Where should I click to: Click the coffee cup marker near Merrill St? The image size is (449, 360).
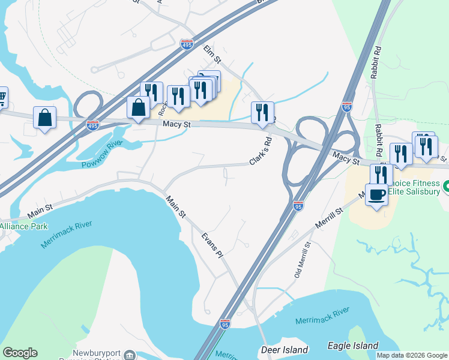[x=376, y=195]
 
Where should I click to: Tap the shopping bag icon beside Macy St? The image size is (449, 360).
[x=138, y=108]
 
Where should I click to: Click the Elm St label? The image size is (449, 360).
[x=212, y=53]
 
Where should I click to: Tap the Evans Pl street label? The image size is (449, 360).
[x=212, y=245]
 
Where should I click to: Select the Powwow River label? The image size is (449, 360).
[x=101, y=154]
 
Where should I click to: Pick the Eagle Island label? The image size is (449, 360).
[x=353, y=346]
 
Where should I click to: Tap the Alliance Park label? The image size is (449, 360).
[x=23, y=226]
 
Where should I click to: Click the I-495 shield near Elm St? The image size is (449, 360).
[x=186, y=44]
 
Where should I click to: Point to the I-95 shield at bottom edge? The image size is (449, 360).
[x=225, y=323]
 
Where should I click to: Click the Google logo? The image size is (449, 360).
[x=20, y=353]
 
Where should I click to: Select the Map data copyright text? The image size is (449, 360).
[x=411, y=355]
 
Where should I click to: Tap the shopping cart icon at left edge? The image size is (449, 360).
[x=2, y=97]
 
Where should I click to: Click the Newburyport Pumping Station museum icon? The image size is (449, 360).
[x=129, y=355]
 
